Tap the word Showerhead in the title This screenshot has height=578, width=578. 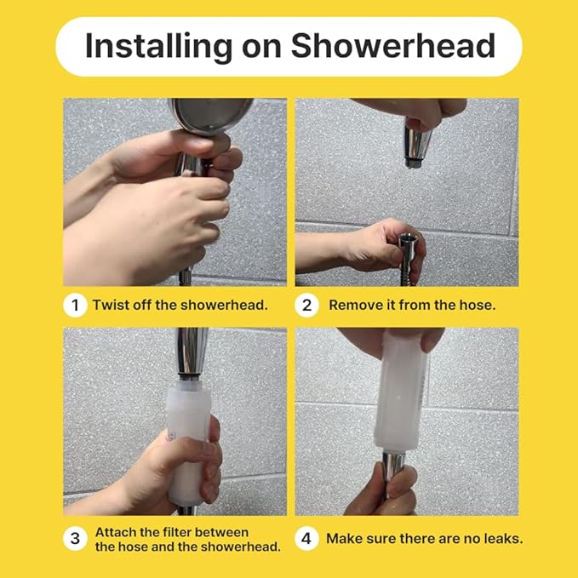pyautogui.click(x=392, y=46)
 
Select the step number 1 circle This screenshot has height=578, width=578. pyautogui.click(x=75, y=305)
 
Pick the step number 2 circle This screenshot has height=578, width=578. pyautogui.click(x=307, y=305)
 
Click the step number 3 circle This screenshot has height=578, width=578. pyautogui.click(x=75, y=538)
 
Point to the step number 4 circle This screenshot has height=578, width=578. pyautogui.click(x=307, y=538)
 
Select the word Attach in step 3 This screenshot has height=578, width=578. pyautogui.click(x=114, y=531)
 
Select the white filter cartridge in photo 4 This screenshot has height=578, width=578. pyautogui.click(x=401, y=396)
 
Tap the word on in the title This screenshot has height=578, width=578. pyautogui.click(x=260, y=46)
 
